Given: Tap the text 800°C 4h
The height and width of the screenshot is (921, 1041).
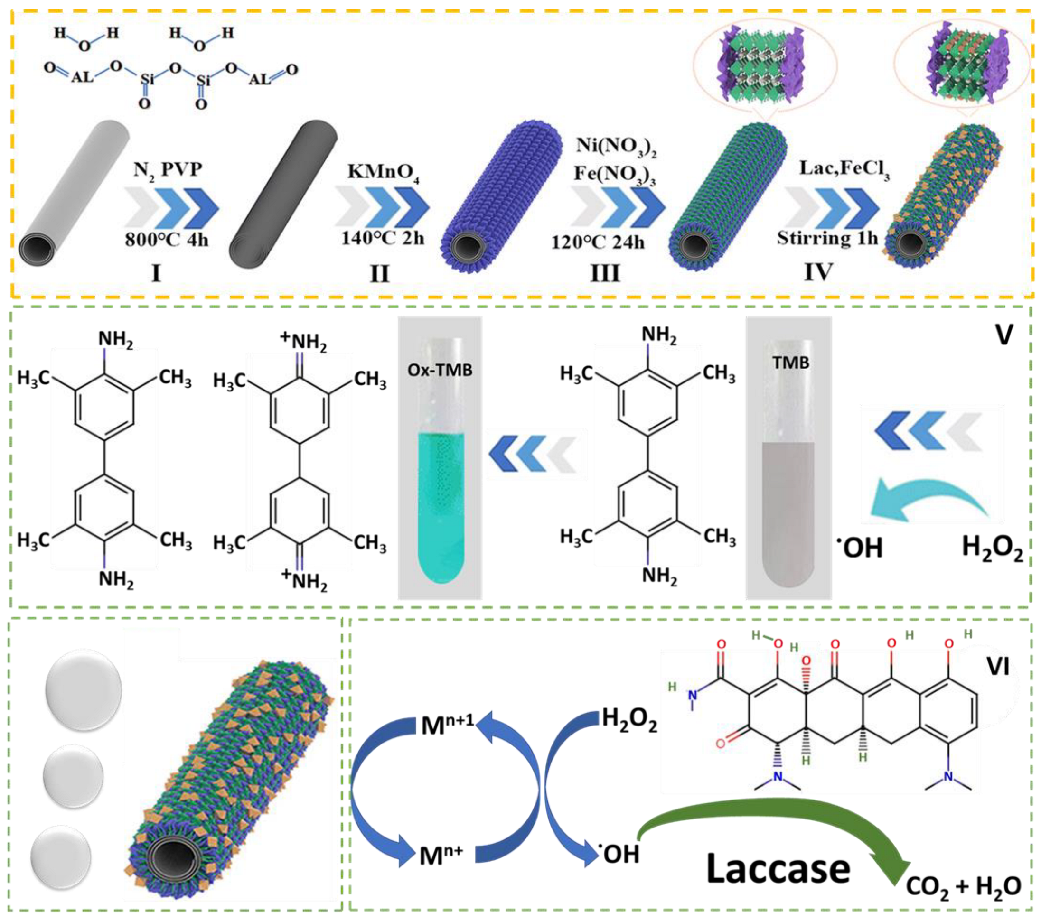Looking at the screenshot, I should tap(167, 239).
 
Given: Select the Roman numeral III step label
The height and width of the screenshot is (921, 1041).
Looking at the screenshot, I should tap(605, 274).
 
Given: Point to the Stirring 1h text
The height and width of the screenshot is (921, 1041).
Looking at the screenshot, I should tap(827, 238).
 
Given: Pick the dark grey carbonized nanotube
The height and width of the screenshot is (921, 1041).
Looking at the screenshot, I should tap(282, 194).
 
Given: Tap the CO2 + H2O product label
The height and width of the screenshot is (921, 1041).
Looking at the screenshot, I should tap(963, 886).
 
